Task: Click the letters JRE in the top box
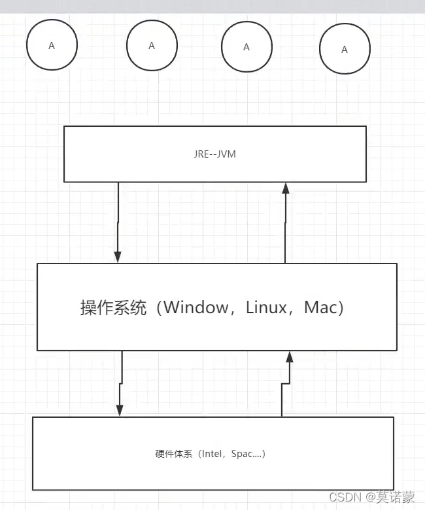201,154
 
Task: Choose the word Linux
266,307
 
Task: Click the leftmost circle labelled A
52,45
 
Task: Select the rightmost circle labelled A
345,50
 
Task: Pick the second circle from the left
152,46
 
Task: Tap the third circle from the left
246,47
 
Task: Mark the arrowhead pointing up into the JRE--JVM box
285,188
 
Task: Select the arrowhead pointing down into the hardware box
120,409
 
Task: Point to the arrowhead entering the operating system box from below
288,357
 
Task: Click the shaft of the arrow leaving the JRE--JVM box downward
118,216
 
